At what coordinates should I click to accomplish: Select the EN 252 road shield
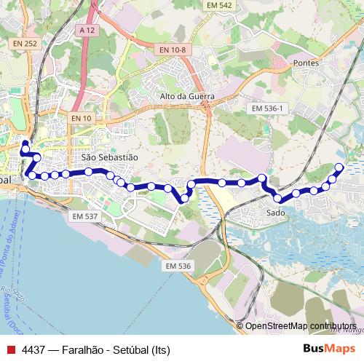[24, 44]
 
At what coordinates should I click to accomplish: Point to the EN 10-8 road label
[173, 50]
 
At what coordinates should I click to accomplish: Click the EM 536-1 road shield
[268, 108]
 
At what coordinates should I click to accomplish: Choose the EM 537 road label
[85, 216]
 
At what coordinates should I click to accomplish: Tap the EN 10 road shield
[82, 118]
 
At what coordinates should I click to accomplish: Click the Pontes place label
[305, 63]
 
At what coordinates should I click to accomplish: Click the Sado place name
[275, 213]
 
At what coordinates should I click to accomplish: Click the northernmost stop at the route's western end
[25, 143]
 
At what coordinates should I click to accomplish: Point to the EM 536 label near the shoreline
[178, 266]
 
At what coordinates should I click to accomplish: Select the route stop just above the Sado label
[277, 198]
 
